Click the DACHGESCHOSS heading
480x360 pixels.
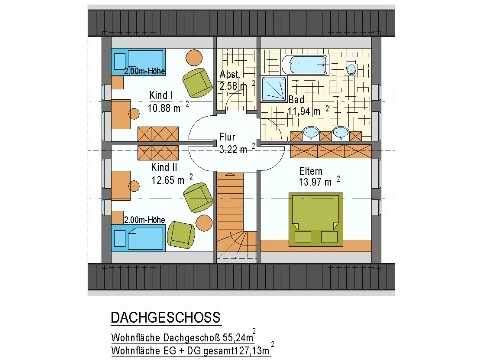pyautogui.click(x=166, y=317)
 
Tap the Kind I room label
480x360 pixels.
pyautogui.click(x=161, y=95)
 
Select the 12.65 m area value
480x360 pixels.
pyautogui.click(x=168, y=180)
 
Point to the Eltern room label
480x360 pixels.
pyautogui.click(x=311, y=171)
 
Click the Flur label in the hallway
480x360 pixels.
pyautogui.click(x=227, y=137)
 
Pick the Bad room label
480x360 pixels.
pyautogui.click(x=296, y=99)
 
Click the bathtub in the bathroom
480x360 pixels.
pyautogui.click(x=305, y=65)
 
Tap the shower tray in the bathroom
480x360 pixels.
pyautogui.click(x=274, y=89)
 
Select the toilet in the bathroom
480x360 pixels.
pyautogui.click(x=350, y=69)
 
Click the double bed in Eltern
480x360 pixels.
pyautogui.click(x=315, y=219)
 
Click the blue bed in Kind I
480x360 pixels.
pyautogui.click(x=139, y=62)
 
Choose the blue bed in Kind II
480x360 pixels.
pyautogui.click(x=139, y=237)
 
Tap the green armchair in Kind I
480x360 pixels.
pyautogui.click(x=197, y=83)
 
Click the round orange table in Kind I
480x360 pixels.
pyautogui.click(x=194, y=58)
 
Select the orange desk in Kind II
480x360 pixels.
pyautogui.click(x=121, y=186)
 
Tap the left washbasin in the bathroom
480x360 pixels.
pyautogui.click(x=310, y=133)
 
